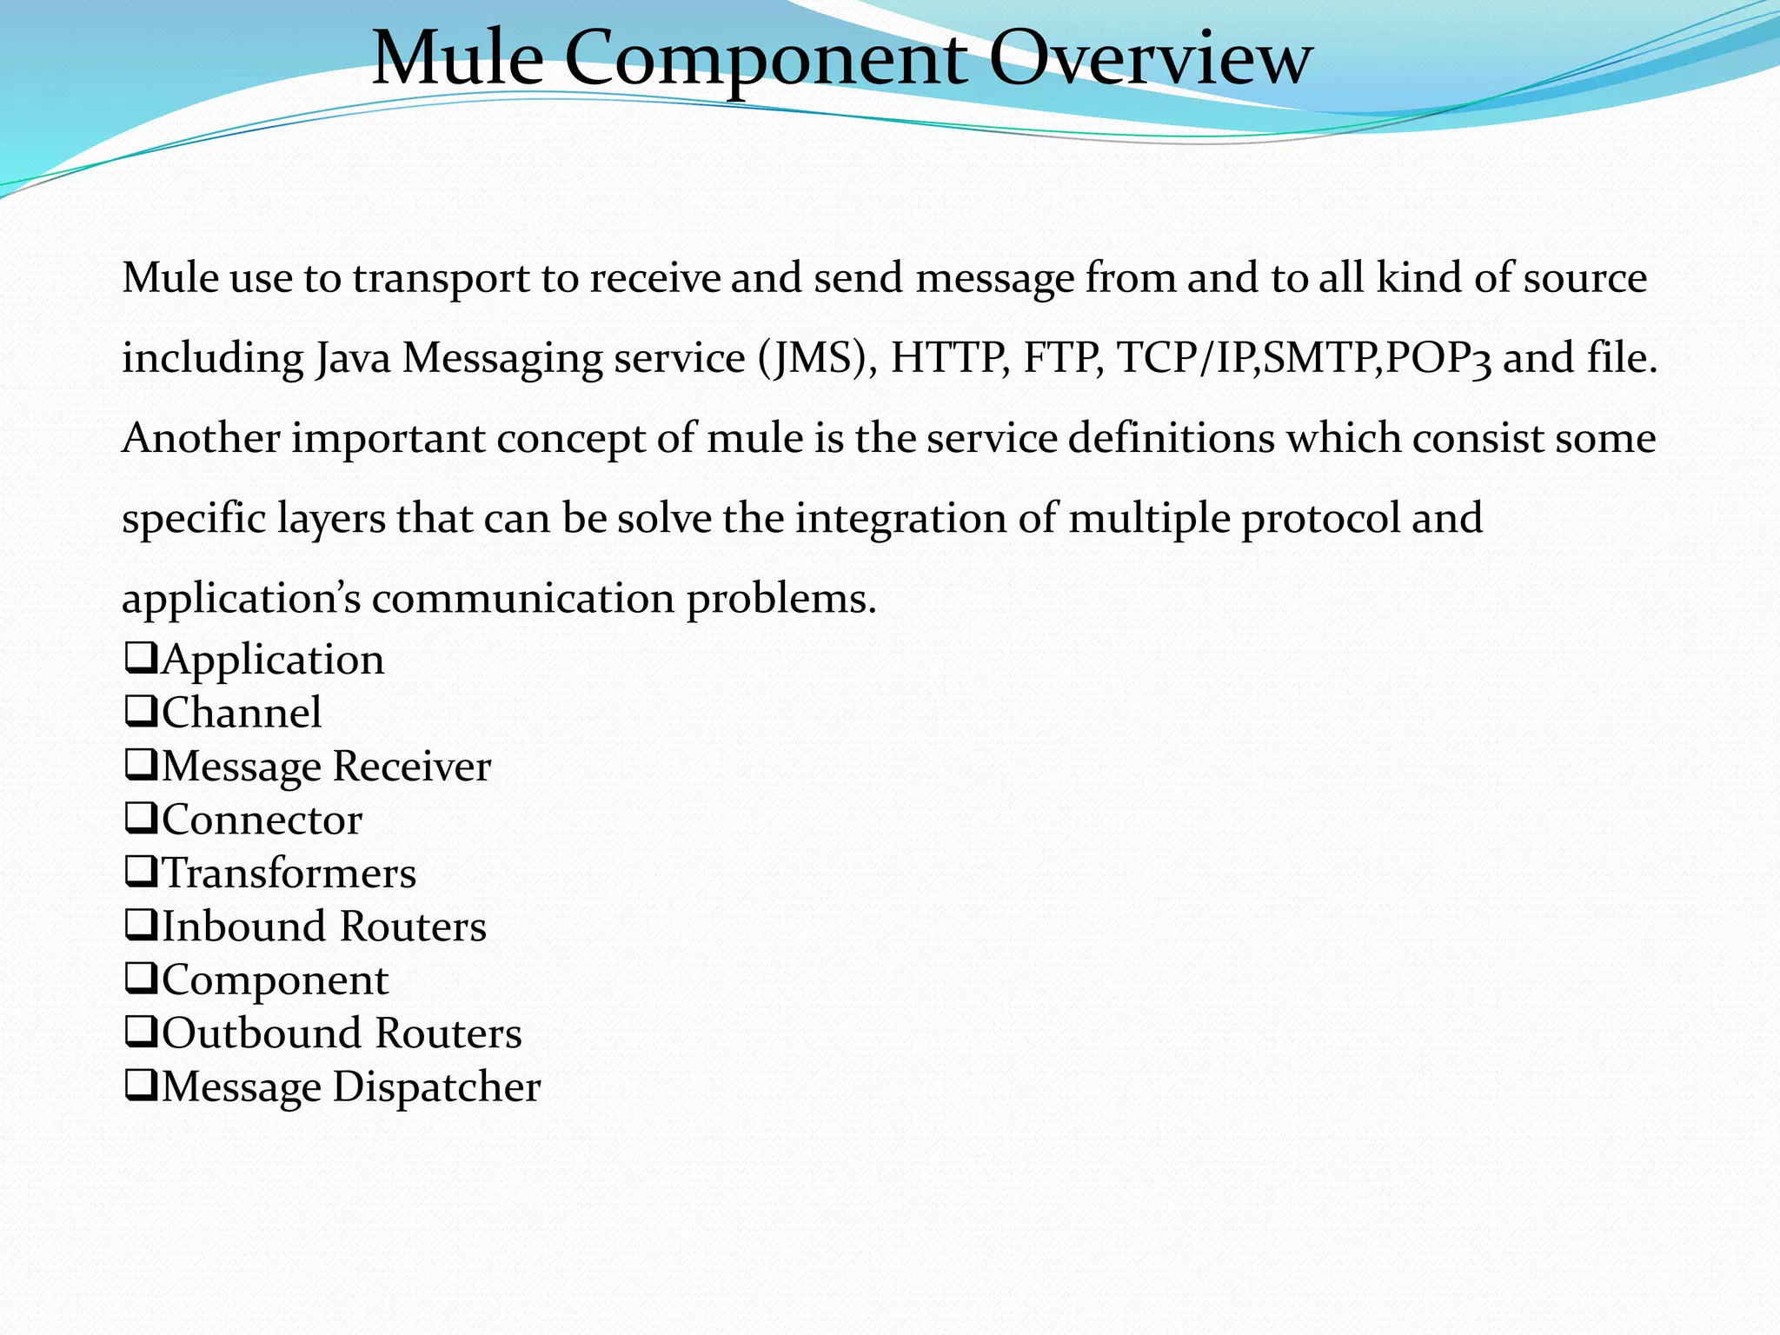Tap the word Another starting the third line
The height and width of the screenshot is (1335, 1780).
click(x=201, y=437)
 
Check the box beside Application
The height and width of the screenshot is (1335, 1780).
click(x=141, y=658)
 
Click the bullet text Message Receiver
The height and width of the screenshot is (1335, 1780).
click(x=326, y=767)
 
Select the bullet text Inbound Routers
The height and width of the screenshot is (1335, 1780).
click(x=323, y=927)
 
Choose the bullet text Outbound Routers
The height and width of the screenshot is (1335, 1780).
click(x=342, y=1033)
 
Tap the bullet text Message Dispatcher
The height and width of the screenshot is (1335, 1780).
click(x=350, y=1087)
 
